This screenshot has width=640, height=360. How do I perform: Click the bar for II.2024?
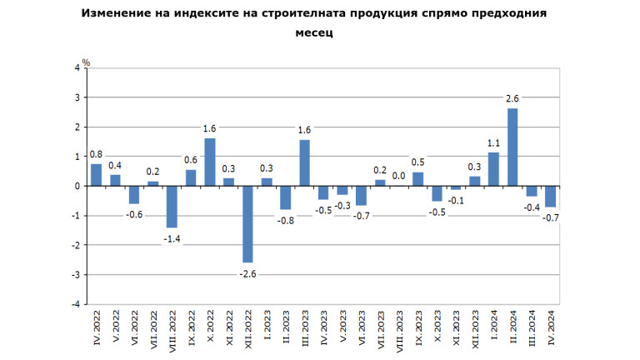(x=512, y=147)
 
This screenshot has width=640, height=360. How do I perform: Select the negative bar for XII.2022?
(x=247, y=223)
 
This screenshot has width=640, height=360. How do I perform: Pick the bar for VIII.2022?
(x=172, y=206)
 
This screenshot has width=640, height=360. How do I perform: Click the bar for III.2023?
(x=304, y=162)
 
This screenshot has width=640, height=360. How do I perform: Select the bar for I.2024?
(x=493, y=168)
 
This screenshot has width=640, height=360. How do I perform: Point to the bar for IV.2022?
(x=97, y=174)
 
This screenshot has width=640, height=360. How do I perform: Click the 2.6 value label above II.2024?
(x=512, y=99)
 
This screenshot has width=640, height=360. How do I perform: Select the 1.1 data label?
(x=493, y=142)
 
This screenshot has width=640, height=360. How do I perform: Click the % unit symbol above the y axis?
(x=85, y=61)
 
